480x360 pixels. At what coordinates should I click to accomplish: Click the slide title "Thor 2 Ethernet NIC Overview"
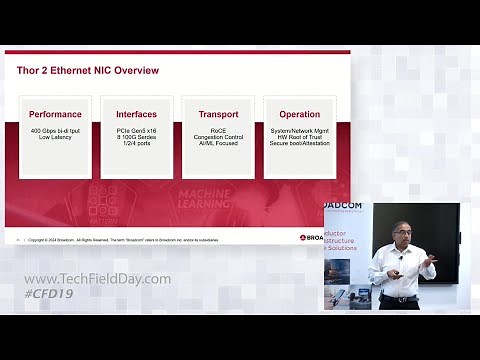[x=89, y=70]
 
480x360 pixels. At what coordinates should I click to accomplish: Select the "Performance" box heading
[x=55, y=114]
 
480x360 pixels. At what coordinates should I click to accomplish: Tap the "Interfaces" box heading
[x=136, y=114]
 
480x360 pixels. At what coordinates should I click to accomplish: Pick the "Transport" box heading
[x=218, y=114]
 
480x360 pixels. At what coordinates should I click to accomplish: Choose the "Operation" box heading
[x=299, y=114]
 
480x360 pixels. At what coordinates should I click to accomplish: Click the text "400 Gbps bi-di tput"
[x=55, y=130]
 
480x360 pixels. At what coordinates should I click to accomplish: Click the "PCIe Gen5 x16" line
[x=136, y=130]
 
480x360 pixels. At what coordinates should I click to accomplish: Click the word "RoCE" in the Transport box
[x=218, y=130]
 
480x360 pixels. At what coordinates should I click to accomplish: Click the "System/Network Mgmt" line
[x=299, y=130]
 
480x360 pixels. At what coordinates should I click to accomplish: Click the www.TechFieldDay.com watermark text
[x=97, y=279]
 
